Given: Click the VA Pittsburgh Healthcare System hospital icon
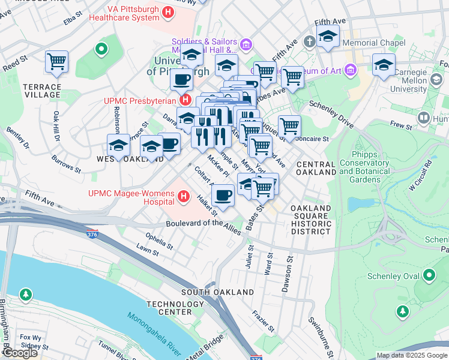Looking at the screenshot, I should pyautogui.click(x=169, y=12).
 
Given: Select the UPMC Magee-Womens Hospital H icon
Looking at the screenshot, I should pyautogui.click(x=185, y=196).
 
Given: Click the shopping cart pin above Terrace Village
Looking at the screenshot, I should pyautogui.click(x=56, y=61).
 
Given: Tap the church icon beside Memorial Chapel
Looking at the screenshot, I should pyautogui.click(x=309, y=42).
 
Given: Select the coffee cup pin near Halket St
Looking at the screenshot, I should pyautogui.click(x=223, y=195).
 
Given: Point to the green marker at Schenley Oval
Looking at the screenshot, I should pyautogui.click(x=429, y=275).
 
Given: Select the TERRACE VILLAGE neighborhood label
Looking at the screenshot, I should pyautogui.click(x=42, y=91).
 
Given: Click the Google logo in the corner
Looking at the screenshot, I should pyautogui.click(x=20, y=353).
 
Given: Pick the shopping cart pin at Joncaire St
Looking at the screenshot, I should pyautogui.click(x=289, y=126).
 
